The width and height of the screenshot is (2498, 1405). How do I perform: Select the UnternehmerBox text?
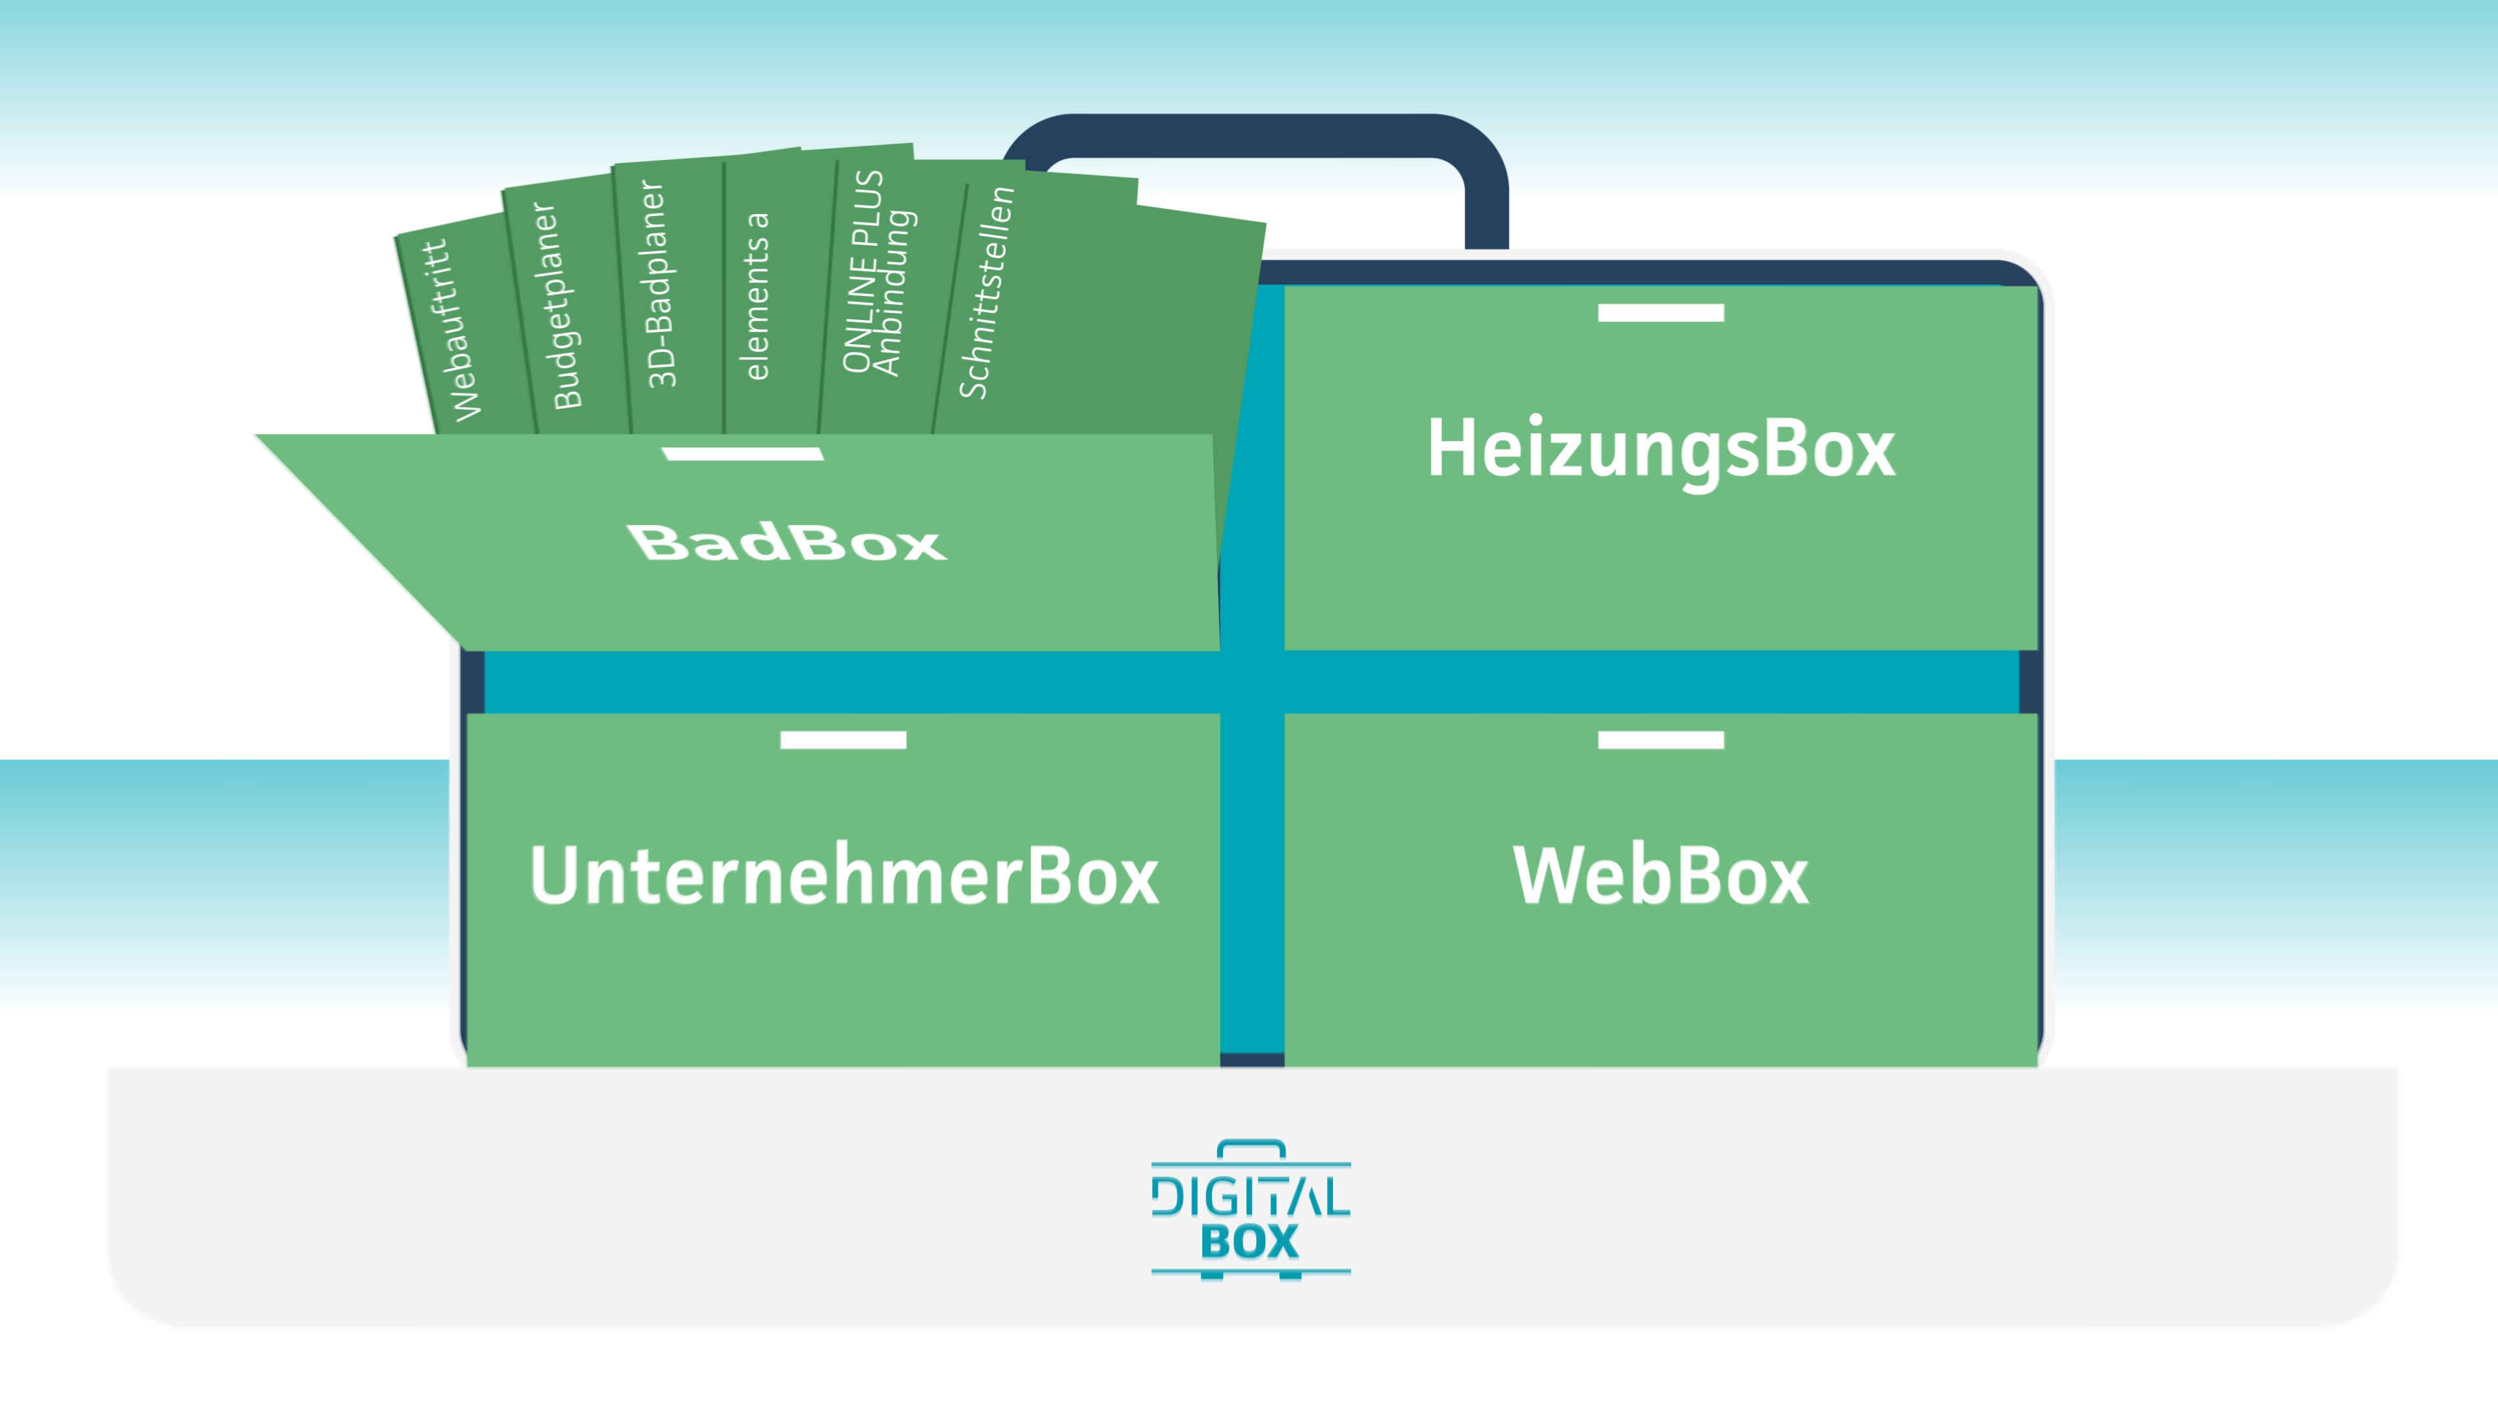click(844, 876)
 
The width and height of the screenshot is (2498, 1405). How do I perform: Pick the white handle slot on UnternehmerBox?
click(842, 740)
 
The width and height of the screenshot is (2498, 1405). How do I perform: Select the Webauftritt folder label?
click(452, 330)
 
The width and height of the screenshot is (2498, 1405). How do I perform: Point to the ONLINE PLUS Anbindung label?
click(877, 273)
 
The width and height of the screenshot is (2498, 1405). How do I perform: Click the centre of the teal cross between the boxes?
click(1252, 682)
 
